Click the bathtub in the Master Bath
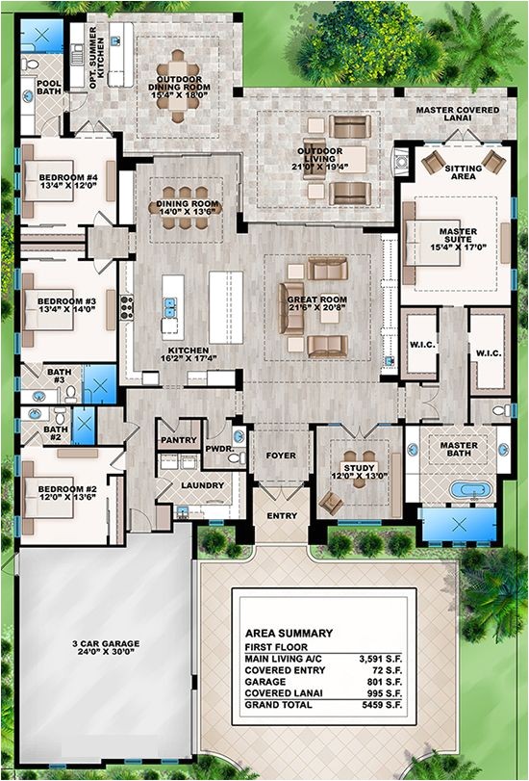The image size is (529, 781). tap(470, 489)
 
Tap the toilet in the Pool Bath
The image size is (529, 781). tap(31, 64)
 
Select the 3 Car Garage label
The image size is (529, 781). tap(106, 647)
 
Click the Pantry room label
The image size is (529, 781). tap(179, 440)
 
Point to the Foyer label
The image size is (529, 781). tap(281, 456)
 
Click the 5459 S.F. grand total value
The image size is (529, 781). tap(382, 705)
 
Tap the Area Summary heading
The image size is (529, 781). tap(289, 633)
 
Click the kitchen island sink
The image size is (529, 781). tap(170, 307)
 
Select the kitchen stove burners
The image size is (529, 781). tap(126, 307)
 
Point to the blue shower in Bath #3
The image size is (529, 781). tap(99, 384)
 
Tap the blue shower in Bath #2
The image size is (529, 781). tap(84, 426)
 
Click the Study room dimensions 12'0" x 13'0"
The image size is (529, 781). tap(359, 476)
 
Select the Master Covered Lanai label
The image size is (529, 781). tap(458, 114)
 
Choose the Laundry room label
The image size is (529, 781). tap(202, 485)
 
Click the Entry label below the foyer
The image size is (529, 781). tap(282, 516)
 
